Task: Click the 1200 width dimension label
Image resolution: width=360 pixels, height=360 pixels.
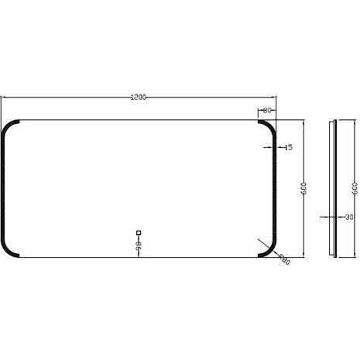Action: coord(139,98)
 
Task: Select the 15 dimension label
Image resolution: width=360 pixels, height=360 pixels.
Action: coord(288,146)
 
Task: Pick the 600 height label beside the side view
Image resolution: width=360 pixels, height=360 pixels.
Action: coord(355,188)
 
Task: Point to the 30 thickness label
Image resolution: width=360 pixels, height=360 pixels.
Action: coord(348,218)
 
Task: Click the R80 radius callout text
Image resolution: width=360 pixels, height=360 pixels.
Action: coord(284,261)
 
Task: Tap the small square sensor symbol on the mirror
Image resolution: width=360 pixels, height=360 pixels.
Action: coord(139,231)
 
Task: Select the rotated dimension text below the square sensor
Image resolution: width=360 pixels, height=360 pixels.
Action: coord(139,245)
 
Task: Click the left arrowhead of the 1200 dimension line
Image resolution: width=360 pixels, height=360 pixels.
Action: coord(3,98)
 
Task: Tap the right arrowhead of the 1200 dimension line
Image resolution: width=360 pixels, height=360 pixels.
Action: coord(275,98)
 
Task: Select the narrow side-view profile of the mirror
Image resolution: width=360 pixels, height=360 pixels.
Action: coord(334,188)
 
